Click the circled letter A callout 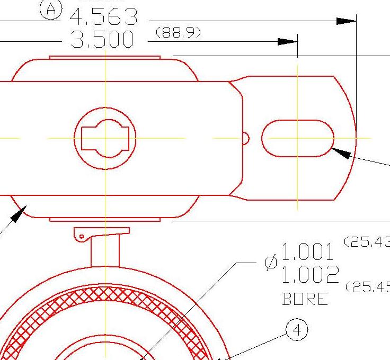(51, 9)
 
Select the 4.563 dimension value (104, 18)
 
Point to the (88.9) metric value (178, 33)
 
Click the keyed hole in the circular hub (105, 139)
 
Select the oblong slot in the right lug (297, 138)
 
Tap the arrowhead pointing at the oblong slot (341, 153)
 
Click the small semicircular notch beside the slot (245, 138)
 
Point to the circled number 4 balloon (296, 330)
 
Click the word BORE (305, 300)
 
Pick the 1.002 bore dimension (309, 275)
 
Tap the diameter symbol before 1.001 (271, 262)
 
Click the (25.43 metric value (367, 242)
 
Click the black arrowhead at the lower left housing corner (17, 214)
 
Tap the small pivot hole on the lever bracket (82, 236)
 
